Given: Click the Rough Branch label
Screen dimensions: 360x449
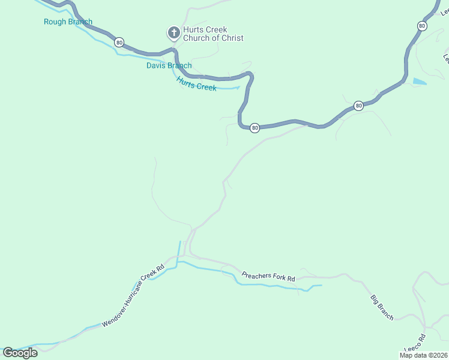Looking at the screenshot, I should (68, 22).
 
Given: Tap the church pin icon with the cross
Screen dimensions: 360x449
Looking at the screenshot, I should (173, 32).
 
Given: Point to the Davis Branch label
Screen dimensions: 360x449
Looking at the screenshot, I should (169, 65).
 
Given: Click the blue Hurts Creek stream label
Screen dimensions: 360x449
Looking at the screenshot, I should (196, 83).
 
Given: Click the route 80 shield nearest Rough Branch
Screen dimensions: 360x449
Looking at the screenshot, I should (119, 42).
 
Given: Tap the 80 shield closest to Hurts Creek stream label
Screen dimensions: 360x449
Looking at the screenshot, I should (255, 128).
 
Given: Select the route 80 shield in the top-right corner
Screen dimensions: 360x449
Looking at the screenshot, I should (422, 26).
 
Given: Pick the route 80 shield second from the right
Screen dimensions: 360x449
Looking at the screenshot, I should (358, 106).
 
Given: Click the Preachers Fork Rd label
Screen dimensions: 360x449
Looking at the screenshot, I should (268, 277).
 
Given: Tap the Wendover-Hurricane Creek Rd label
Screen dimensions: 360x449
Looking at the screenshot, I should (133, 296).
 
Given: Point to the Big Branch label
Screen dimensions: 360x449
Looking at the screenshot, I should (381, 307).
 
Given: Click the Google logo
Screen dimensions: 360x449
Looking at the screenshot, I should (20, 353).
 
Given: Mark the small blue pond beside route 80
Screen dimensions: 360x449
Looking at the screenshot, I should (420, 81).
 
